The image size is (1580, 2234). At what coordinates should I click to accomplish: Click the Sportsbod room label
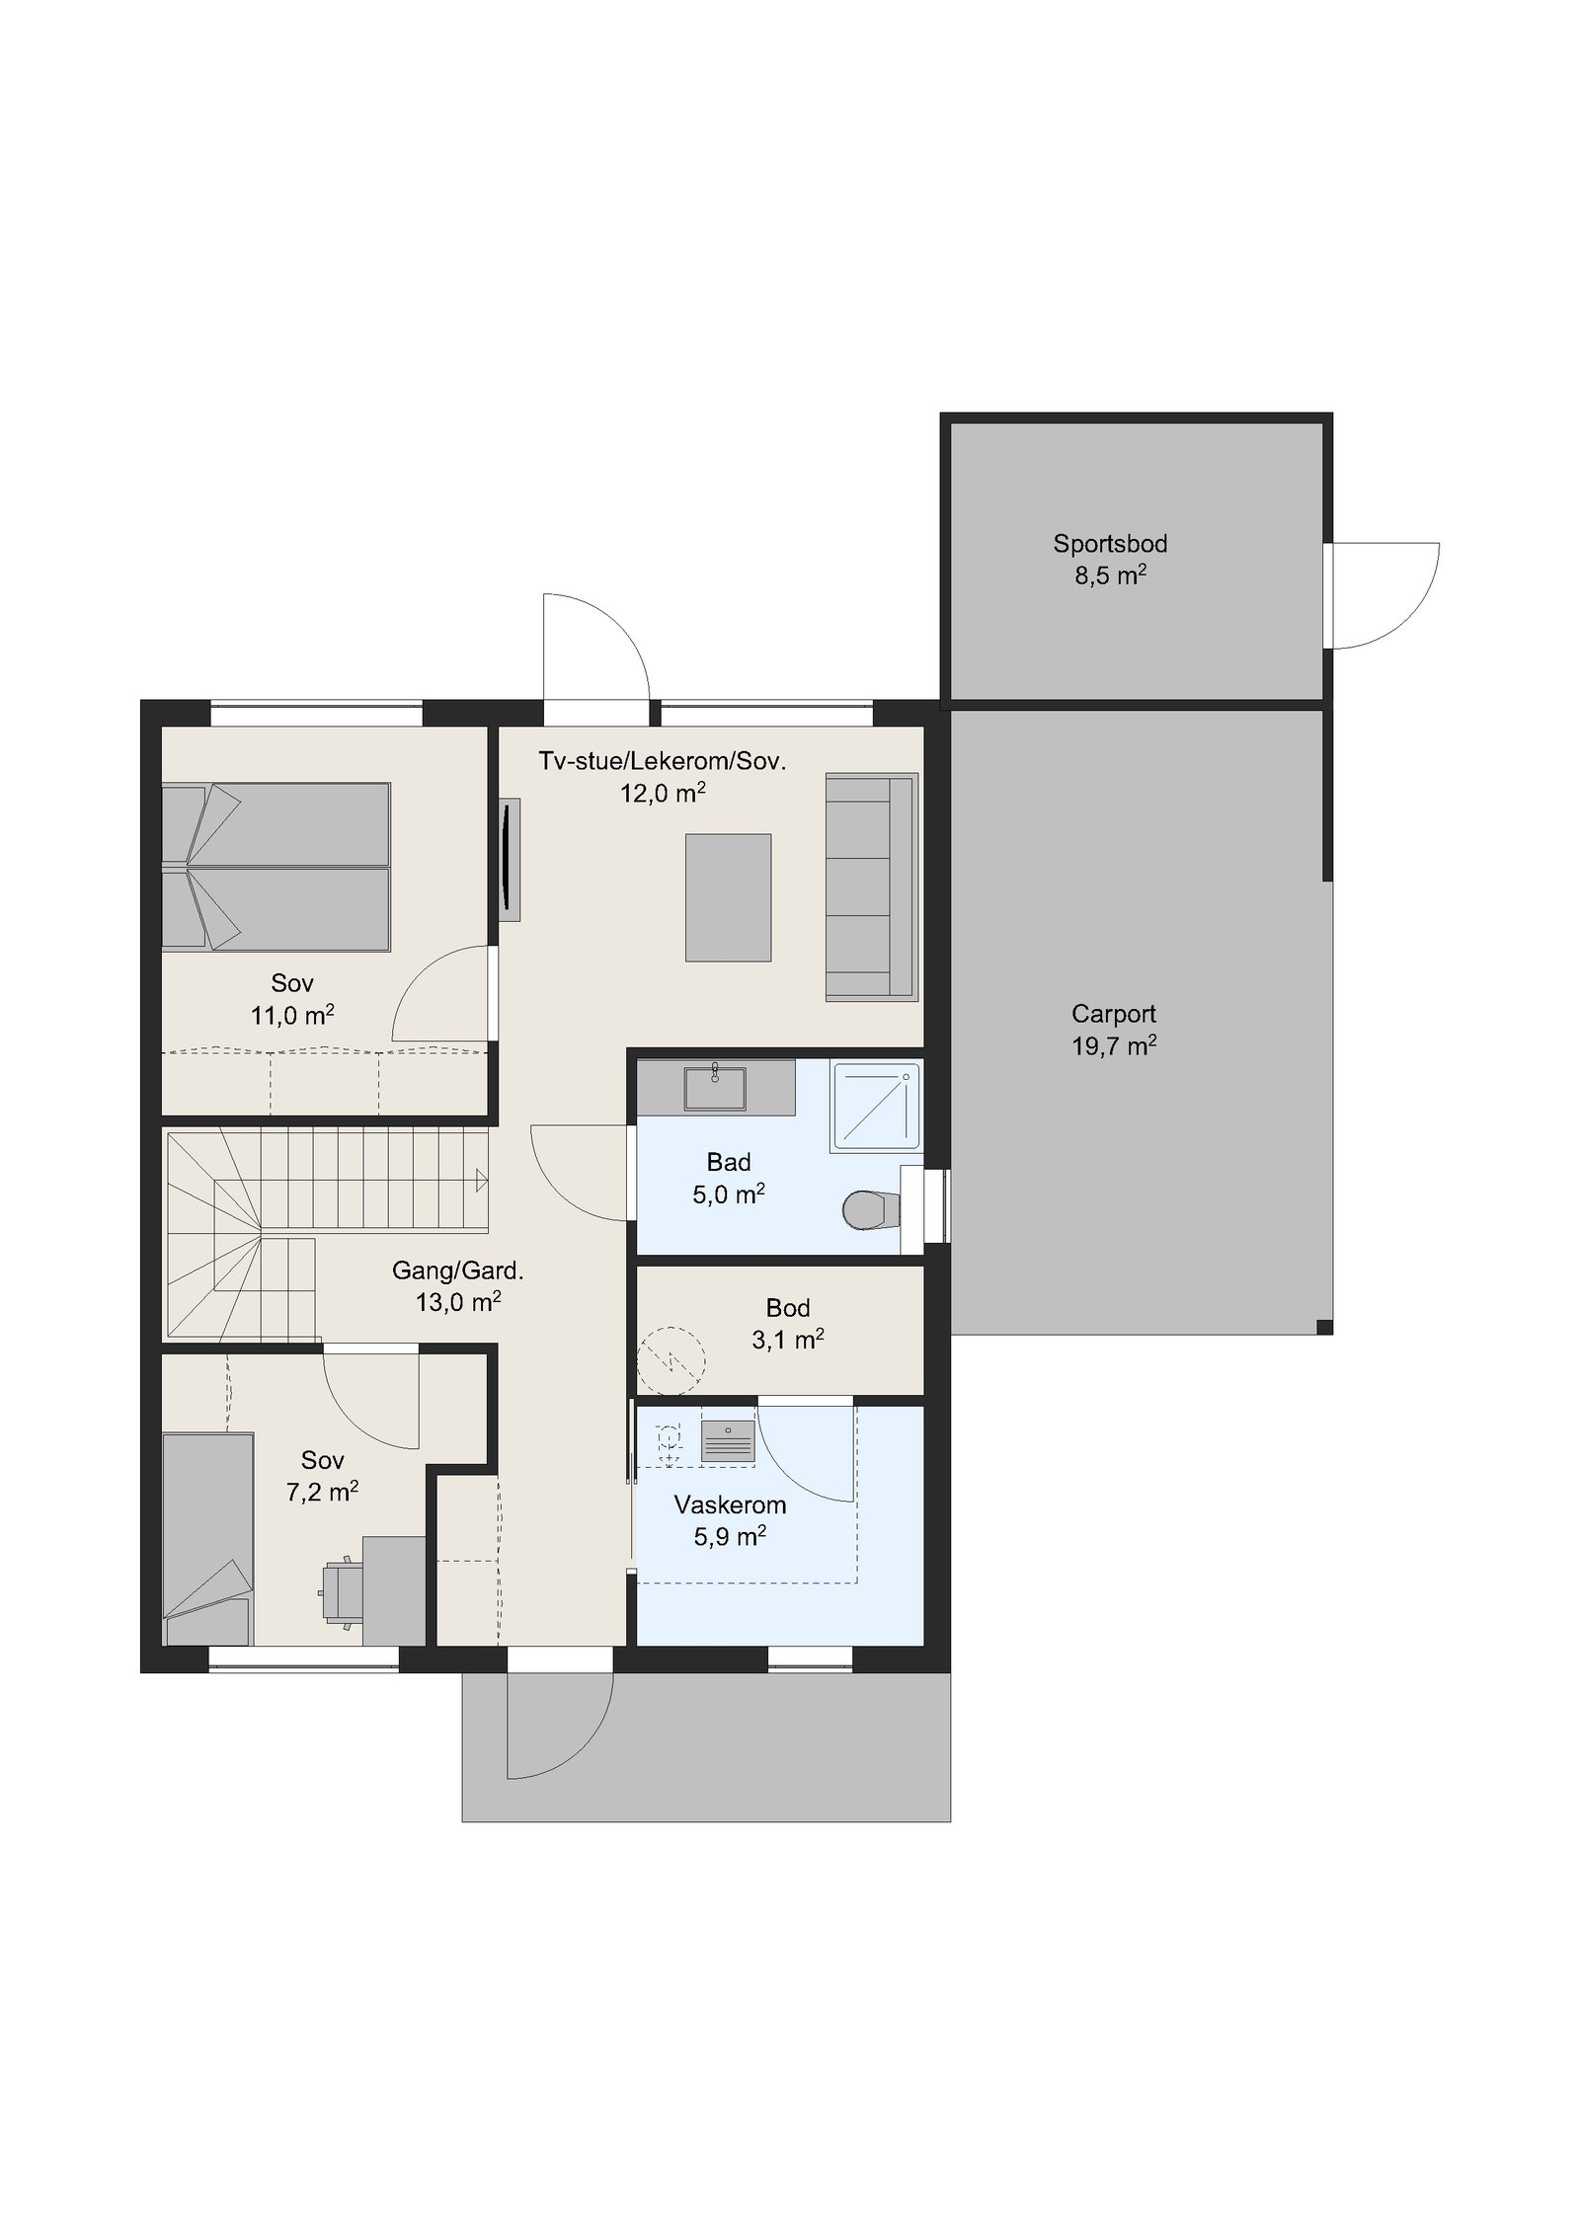click(1110, 543)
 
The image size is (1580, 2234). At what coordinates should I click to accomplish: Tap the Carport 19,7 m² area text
click(1114, 1045)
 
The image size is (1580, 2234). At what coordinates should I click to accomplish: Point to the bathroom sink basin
click(714, 1088)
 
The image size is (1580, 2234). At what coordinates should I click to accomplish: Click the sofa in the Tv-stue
click(871, 886)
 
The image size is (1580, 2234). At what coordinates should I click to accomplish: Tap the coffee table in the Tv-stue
click(728, 896)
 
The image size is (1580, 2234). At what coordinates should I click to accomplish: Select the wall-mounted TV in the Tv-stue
click(509, 859)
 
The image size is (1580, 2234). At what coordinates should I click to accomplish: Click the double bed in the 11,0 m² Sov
click(276, 867)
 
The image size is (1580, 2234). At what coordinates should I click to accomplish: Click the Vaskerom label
click(730, 1505)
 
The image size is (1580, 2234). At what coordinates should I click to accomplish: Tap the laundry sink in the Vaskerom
click(728, 1441)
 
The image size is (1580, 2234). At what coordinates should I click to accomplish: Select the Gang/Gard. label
click(457, 1271)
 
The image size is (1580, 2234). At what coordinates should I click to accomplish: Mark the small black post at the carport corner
click(1324, 1327)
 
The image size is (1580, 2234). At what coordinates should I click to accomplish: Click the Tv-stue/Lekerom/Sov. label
click(662, 761)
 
